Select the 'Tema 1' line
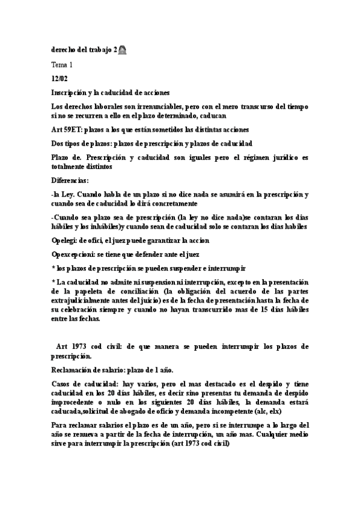pyautogui.click(x=62, y=64)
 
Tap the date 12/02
pyautogui.click(x=59, y=78)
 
